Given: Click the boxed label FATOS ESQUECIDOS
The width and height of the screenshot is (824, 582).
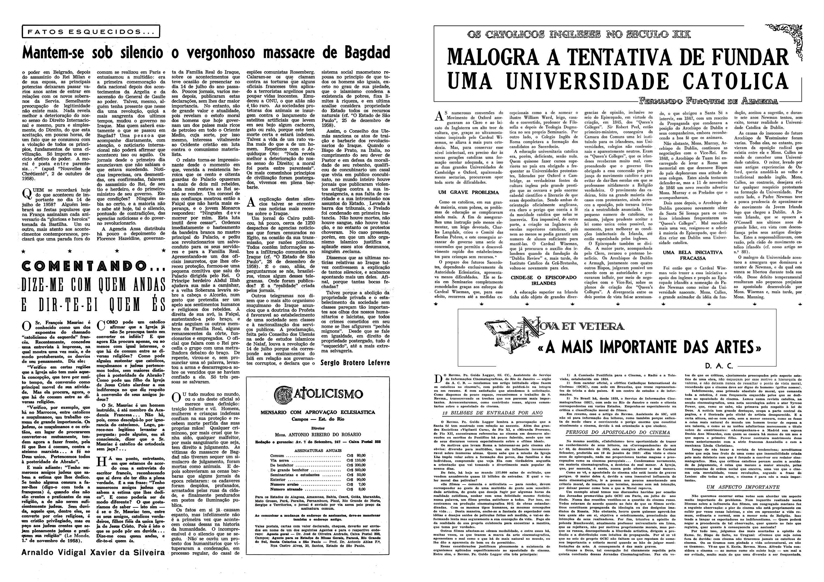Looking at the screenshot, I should tap(90, 32).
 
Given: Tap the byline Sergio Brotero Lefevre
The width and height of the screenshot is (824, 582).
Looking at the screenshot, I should tap(355, 363).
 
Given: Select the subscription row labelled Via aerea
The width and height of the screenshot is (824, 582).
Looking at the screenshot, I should tap(312, 460).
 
